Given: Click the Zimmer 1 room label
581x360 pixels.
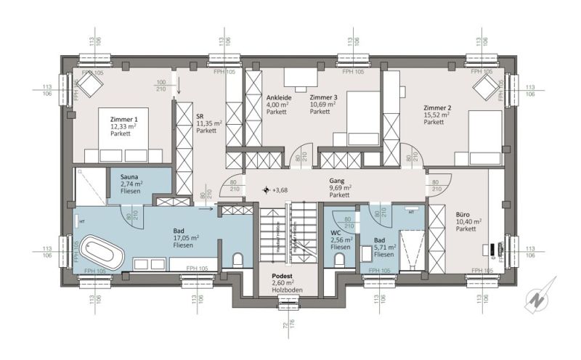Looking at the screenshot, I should click(x=123, y=118).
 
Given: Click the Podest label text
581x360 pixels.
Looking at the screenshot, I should click(x=282, y=277).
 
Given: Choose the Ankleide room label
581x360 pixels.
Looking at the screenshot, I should click(x=280, y=97).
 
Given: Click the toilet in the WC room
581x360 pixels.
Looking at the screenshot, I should click(x=344, y=258).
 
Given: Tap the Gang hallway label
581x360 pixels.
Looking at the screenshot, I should click(x=336, y=181).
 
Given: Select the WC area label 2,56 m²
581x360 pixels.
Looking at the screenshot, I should click(x=341, y=240).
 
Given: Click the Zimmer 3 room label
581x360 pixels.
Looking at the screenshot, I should click(x=323, y=97).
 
